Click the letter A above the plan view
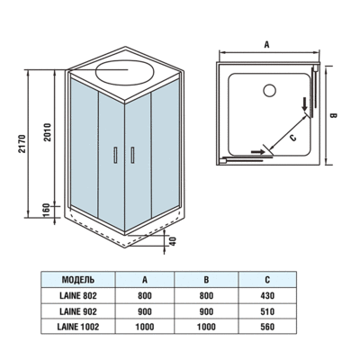tap(267, 41)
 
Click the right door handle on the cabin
tap(132, 155)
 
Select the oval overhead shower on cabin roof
tap(124, 71)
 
